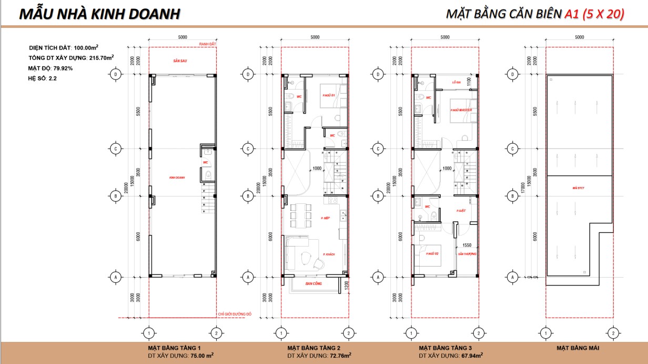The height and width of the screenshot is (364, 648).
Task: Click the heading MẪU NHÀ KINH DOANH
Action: pos(99,14)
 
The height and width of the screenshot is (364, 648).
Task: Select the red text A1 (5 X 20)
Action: pos(594,14)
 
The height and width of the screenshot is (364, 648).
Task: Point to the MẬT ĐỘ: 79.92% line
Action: pos(50,68)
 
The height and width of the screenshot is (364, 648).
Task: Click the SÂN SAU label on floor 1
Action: pos(180,61)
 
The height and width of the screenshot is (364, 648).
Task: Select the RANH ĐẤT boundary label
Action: pos(205,44)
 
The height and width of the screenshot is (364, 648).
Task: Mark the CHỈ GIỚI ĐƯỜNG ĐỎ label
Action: pos(235,314)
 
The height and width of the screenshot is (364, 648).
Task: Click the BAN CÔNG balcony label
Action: pos(313,283)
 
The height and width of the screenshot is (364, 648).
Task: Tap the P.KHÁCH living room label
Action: pos(329,254)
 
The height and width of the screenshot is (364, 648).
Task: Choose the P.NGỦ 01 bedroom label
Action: pos(329,95)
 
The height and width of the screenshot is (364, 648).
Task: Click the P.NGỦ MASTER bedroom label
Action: pos(461,110)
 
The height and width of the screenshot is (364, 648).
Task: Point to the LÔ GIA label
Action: pos(457,83)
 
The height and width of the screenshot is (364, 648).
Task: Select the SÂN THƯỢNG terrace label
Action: pos(467,254)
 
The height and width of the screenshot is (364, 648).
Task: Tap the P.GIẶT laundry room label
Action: pos(461,210)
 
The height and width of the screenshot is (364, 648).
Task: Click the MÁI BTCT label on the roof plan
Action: pos(579,188)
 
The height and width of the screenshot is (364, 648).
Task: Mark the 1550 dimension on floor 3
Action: pos(467,245)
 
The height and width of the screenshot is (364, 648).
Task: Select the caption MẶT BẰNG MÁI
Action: pos(579,348)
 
